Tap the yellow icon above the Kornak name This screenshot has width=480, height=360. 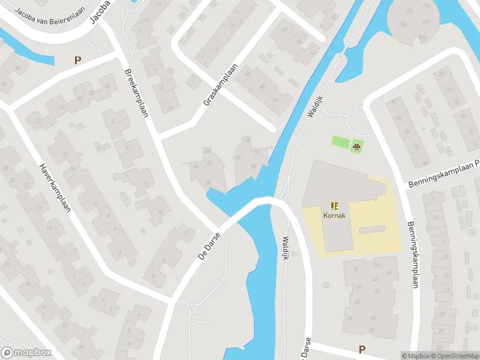click(x=334, y=205)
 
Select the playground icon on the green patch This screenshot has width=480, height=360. click(x=357, y=146)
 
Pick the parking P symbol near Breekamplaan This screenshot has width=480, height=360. click(x=77, y=60)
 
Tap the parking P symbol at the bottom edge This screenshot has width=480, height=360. click(x=362, y=349)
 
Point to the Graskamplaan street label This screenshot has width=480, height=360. click(x=221, y=85)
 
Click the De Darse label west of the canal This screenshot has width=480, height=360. click(x=209, y=248)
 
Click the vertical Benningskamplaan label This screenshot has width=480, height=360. click(x=414, y=255)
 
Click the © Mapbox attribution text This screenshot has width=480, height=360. click(x=416, y=356)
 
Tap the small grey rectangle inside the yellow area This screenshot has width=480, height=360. click(x=372, y=230)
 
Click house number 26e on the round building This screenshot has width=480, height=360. click(x=427, y=5)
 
